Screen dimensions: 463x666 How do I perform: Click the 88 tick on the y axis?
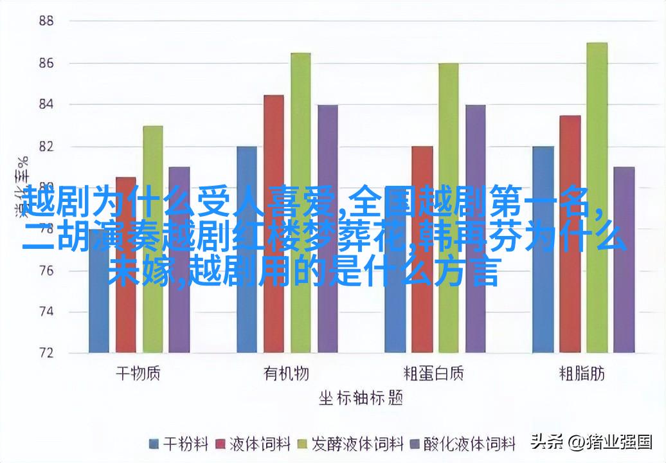click(x=45, y=21)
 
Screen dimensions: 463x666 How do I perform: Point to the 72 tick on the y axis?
click(x=45, y=353)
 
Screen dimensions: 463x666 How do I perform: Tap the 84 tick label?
click(x=45, y=104)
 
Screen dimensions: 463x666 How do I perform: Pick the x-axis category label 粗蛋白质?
click(x=434, y=374)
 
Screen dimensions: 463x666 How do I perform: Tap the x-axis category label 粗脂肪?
click(x=582, y=374)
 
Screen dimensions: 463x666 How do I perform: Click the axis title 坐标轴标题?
click(x=360, y=399)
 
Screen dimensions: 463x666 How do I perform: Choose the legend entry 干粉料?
click(x=179, y=444)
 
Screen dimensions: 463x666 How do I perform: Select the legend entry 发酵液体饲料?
click(x=350, y=444)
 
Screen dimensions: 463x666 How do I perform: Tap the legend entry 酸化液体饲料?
click(x=464, y=444)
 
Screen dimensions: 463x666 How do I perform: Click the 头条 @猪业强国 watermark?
click(x=591, y=442)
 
